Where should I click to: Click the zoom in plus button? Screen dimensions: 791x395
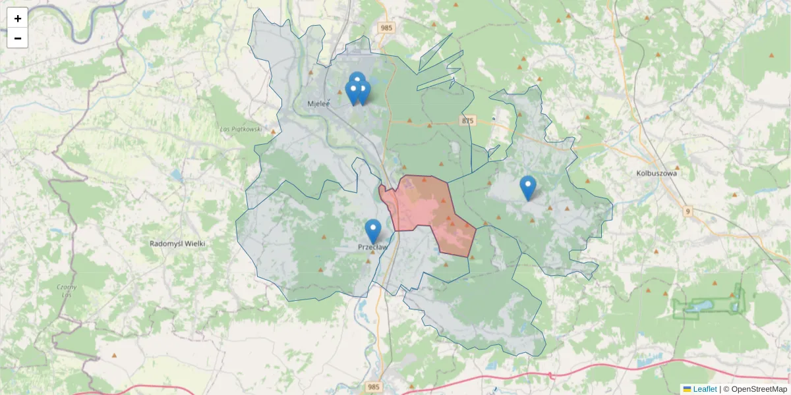pos(17,18)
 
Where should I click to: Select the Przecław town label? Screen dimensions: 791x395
pos(372,248)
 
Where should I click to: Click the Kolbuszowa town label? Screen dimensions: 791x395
pos(657,174)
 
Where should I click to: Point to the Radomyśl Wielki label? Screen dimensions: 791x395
pos(177,244)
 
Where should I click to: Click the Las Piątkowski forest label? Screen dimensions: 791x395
pos(241,129)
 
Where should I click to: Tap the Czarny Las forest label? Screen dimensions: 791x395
pos(67,291)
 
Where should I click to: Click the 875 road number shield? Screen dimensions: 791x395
pos(467,120)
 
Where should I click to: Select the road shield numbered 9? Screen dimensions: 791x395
pos(688,211)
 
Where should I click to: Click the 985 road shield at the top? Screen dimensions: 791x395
pos(386,28)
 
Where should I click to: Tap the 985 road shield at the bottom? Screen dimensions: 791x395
pos(374,386)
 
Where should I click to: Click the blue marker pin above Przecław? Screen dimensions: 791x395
pos(373,231)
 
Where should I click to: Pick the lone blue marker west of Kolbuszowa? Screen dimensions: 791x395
pos(527,188)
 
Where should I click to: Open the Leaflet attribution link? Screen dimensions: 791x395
pos(704,389)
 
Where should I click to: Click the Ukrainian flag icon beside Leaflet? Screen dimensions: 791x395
pos(687,389)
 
